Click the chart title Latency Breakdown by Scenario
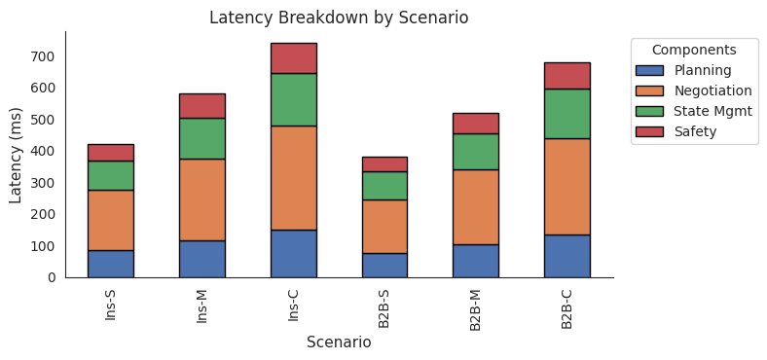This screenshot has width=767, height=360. tap(339, 18)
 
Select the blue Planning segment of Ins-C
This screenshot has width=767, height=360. tap(293, 253)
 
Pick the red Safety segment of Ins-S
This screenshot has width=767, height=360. tap(111, 152)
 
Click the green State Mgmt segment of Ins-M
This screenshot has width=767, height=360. tap(201, 138)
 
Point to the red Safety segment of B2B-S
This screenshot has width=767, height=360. tap(384, 163)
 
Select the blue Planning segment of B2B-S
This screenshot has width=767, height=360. tap(384, 265)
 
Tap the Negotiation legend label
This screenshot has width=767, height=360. tap(712, 90)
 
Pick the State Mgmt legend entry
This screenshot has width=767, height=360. tap(712, 111)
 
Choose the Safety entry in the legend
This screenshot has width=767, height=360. tap(695, 131)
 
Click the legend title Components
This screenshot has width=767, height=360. tap(693, 50)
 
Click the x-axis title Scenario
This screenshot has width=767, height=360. tap(339, 342)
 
